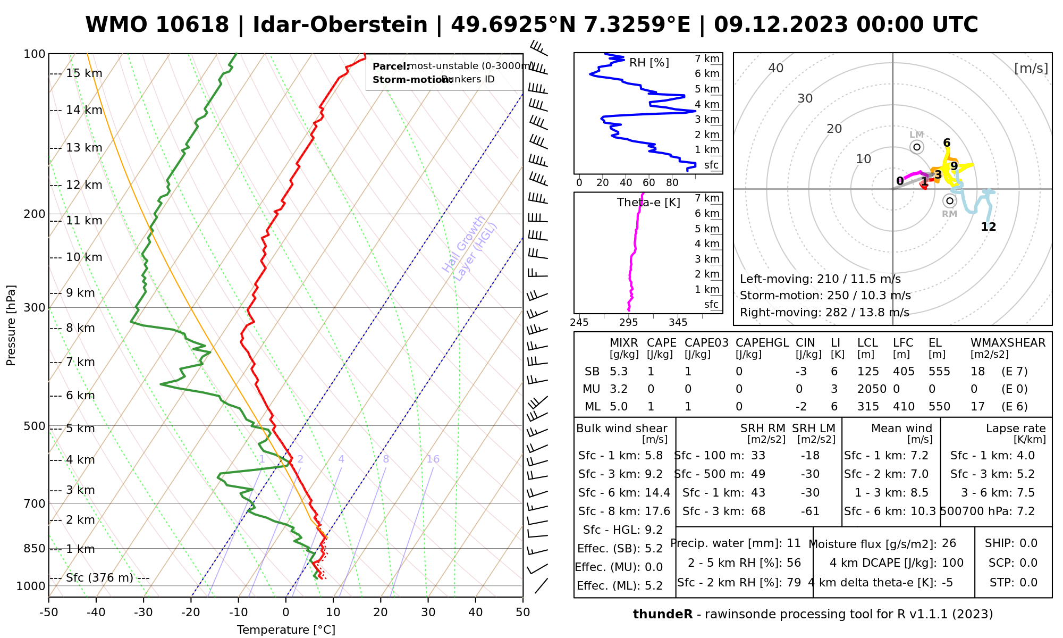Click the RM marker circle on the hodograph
[x=950, y=201]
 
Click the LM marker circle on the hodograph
[x=917, y=147]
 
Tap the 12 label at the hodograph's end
[x=988, y=227]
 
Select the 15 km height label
[x=84, y=73]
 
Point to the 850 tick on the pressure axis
[x=35, y=548]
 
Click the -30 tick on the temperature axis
[x=144, y=612]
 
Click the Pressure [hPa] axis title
[x=11, y=325]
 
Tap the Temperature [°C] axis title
[x=286, y=630]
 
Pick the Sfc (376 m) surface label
[x=99, y=578]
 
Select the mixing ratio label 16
[x=433, y=459]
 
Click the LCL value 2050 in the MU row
[x=872, y=389]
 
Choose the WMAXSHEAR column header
[x=1008, y=343]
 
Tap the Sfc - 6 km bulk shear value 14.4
[x=657, y=493]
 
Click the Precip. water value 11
[x=794, y=543]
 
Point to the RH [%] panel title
[x=649, y=63]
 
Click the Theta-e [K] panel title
[x=648, y=203]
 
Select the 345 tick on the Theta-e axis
[x=678, y=323]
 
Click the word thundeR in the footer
[x=662, y=615]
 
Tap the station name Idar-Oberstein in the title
[x=340, y=25]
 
